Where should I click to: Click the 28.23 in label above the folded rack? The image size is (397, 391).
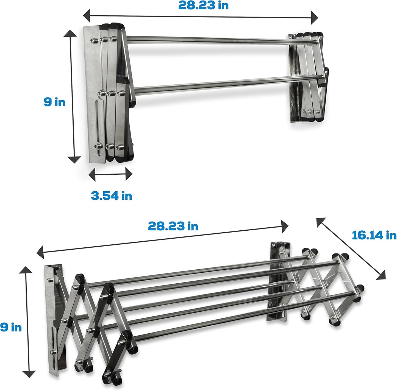tap(203, 5)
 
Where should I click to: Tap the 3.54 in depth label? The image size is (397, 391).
tap(111, 196)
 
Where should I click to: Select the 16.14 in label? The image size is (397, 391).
tap(374, 235)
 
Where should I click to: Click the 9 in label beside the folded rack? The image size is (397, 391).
tap(54, 102)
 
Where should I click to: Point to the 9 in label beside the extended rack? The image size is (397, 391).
tap(11, 327)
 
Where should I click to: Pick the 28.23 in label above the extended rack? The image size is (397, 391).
tap(173, 226)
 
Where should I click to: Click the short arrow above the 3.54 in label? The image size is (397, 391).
tap(110, 174)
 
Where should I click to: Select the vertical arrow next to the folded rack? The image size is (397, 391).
tap(74, 96)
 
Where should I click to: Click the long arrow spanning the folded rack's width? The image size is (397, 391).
tap(201, 16)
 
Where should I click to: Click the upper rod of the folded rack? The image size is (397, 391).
tap(209, 40)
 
